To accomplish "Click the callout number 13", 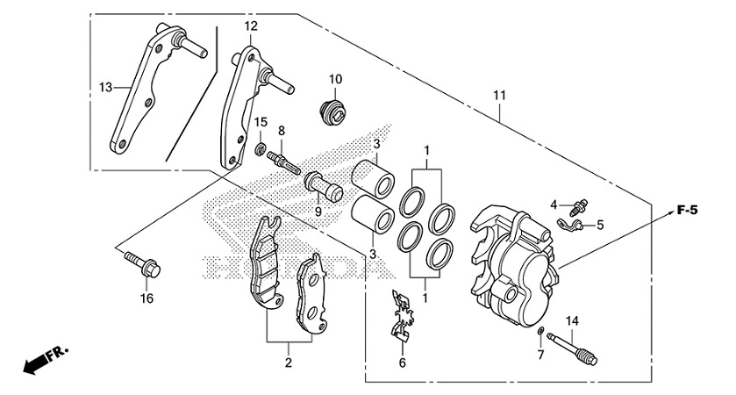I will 105,87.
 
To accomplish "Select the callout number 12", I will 251,26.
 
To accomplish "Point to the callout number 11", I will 500,94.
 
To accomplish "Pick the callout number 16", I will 146,298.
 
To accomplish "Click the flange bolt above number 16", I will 137,262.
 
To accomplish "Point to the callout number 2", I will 288,362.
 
